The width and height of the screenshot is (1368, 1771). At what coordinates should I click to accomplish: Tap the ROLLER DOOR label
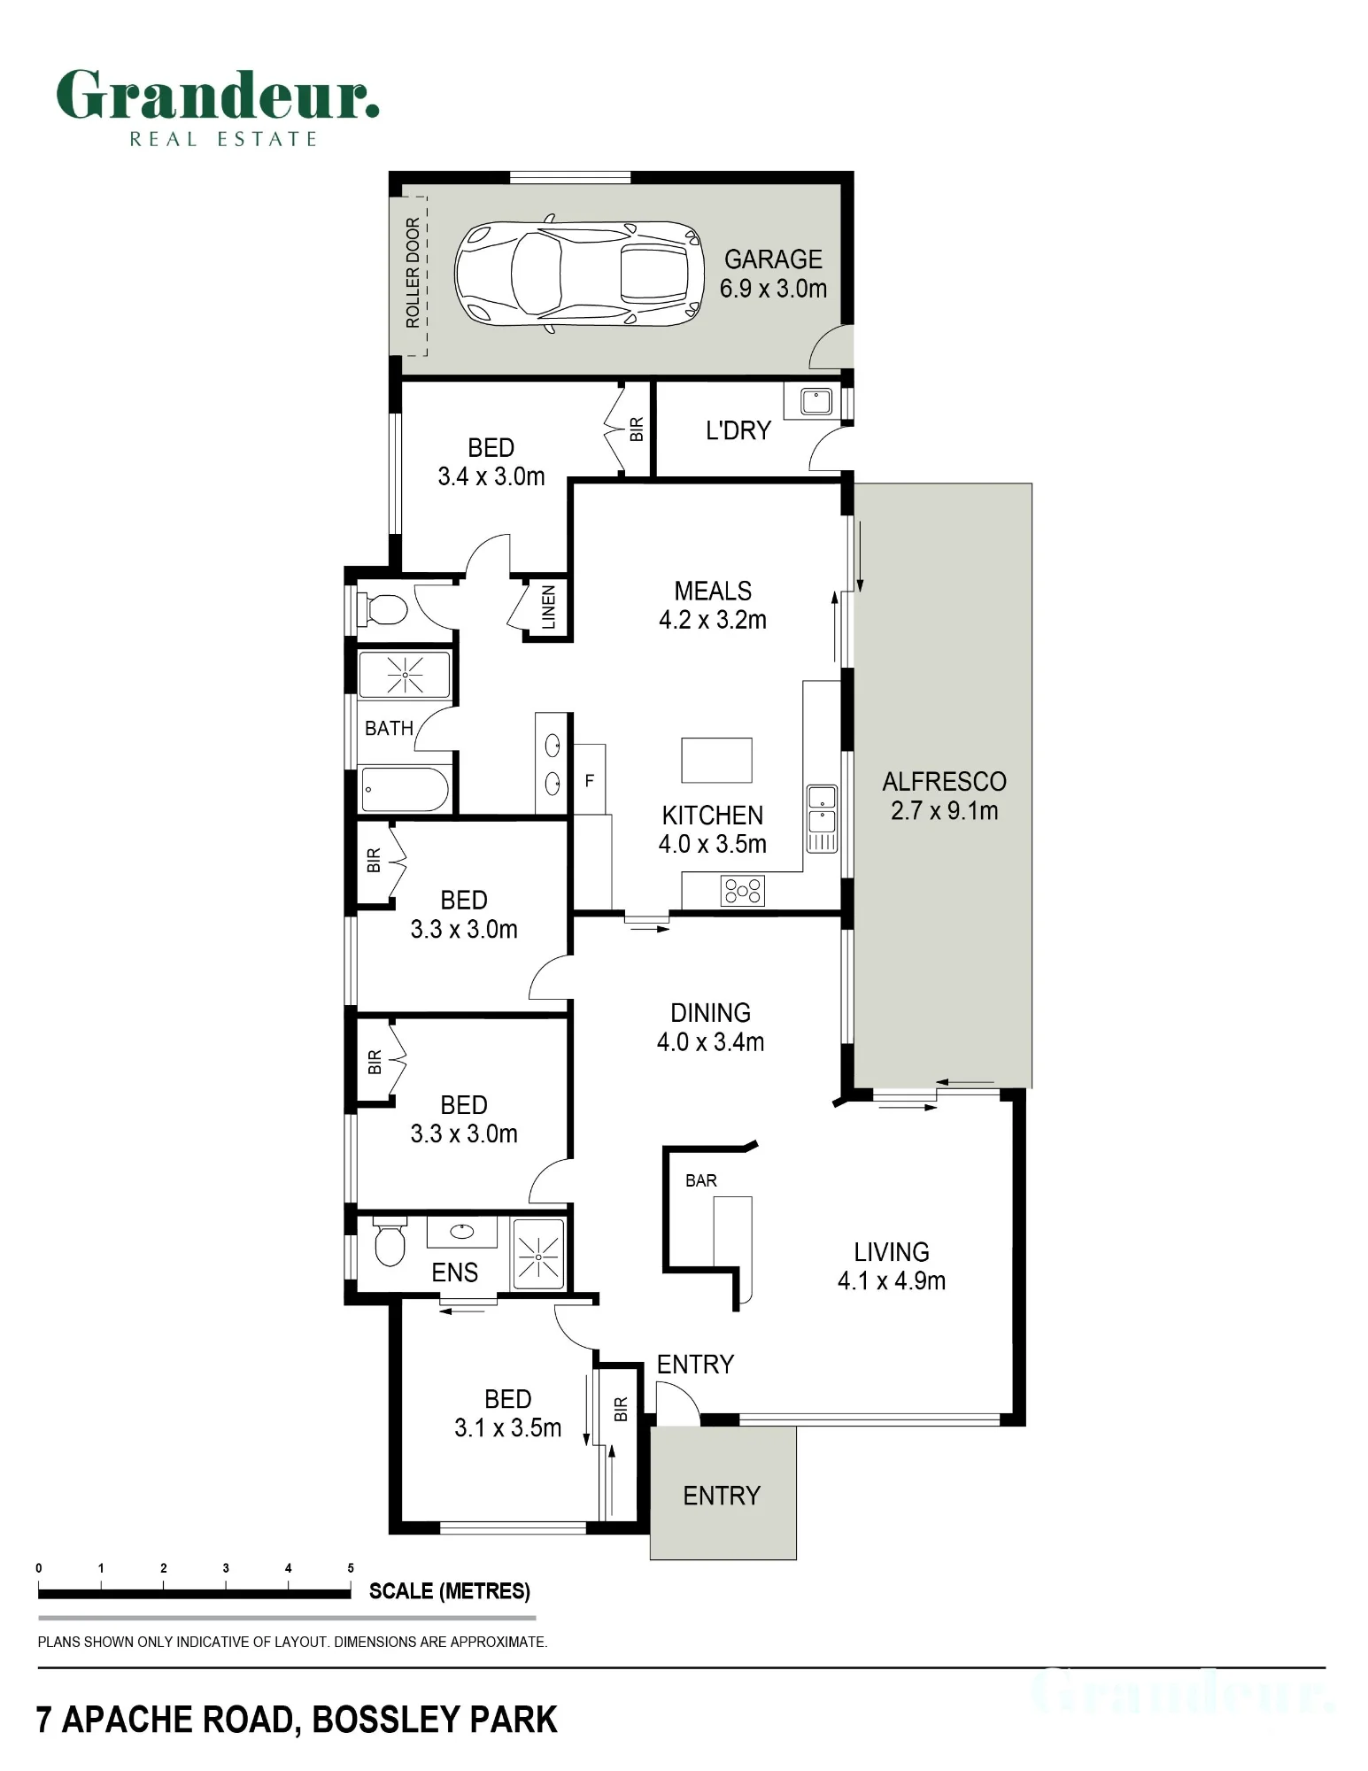[x=413, y=273]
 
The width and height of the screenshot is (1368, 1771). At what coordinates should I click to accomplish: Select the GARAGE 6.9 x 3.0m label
[x=773, y=274]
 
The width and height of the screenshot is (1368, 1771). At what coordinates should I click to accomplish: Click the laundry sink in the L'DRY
[x=815, y=401]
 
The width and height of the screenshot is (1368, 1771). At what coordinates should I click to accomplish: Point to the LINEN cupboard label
[x=549, y=607]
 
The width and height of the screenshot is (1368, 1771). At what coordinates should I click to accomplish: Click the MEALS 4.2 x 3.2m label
[x=713, y=605]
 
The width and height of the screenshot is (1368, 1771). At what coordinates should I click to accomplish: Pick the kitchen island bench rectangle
[x=716, y=761]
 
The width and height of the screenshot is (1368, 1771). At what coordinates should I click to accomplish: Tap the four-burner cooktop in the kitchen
[x=743, y=890]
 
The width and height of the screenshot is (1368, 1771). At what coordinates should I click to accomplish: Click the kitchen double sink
[x=822, y=817]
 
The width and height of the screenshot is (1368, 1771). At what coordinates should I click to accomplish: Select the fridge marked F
[x=590, y=780]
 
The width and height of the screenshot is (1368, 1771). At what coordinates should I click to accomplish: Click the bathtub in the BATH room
[x=404, y=789]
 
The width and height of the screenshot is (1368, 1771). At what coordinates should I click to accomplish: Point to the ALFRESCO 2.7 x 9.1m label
[x=944, y=796]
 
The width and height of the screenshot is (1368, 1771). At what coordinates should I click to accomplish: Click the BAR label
[x=700, y=1180]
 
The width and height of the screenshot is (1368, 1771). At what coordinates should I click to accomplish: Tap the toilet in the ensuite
[x=390, y=1241]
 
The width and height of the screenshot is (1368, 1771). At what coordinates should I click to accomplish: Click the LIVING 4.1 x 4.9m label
[x=891, y=1266]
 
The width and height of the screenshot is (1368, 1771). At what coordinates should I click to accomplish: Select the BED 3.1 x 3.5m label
[x=507, y=1413]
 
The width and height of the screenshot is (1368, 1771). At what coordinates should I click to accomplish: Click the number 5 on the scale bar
[x=351, y=1568]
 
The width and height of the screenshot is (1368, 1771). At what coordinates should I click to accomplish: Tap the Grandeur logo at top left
[x=218, y=106]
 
